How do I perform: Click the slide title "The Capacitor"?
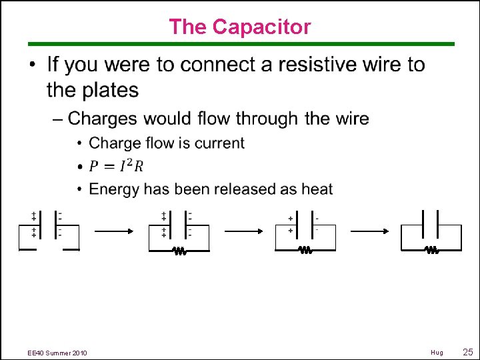(x=239, y=27)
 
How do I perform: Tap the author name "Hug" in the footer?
(x=437, y=352)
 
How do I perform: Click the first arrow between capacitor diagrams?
(x=114, y=231)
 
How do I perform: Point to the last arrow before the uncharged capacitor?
(x=370, y=231)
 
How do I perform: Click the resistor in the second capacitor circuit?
(x=179, y=251)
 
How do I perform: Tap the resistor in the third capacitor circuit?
(x=305, y=251)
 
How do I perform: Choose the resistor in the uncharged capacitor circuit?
(x=431, y=251)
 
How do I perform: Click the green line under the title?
(x=239, y=44)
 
